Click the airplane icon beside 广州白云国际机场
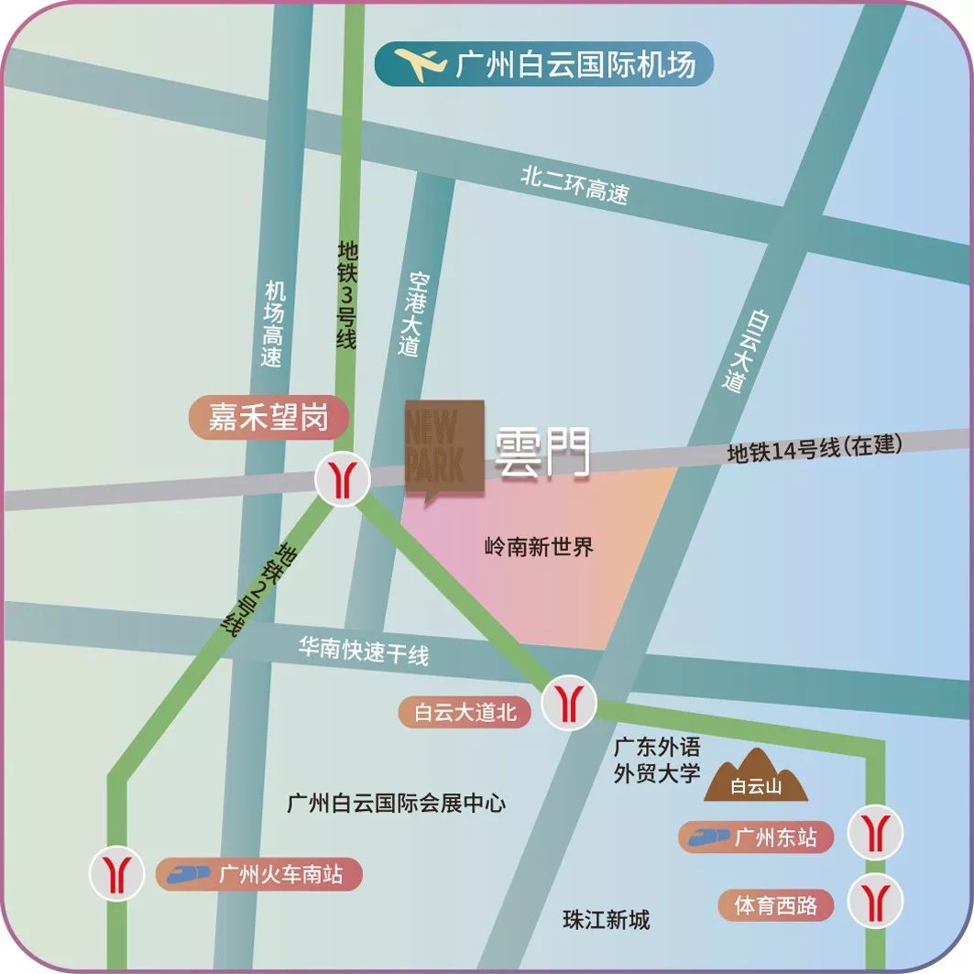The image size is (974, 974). (421, 65)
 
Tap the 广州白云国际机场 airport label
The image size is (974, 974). (575, 65)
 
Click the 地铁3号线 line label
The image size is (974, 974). (346, 294)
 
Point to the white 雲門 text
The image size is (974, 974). (542, 454)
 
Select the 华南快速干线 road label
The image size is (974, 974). (363, 651)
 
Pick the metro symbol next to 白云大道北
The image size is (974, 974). (570, 704)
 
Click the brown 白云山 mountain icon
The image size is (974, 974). (756, 776)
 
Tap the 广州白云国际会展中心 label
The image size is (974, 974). (396, 804)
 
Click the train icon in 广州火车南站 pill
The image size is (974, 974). (189, 873)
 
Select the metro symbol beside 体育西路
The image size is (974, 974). (875, 902)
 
